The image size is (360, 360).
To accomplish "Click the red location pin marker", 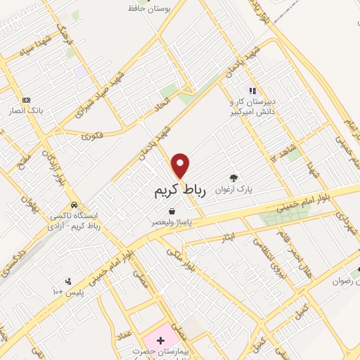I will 181,165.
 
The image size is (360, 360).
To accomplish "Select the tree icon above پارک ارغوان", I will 234,177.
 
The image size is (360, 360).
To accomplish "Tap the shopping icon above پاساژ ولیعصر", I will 172,210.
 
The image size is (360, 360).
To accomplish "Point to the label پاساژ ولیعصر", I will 172,221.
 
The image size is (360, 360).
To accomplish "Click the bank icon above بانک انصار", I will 27,100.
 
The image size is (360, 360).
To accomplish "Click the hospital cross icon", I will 160,340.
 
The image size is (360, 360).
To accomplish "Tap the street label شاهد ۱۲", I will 277,150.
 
